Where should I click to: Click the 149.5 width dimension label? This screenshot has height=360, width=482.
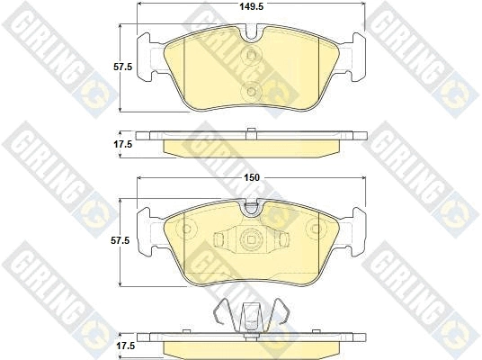click(252, 6)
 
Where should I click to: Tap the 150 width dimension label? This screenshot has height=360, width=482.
click(252, 177)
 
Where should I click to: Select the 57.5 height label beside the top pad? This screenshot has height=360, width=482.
click(122, 67)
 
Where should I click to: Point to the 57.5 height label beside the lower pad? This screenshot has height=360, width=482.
click(120, 240)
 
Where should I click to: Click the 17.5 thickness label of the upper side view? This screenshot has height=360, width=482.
click(123, 144)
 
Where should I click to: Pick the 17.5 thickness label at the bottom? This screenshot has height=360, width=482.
click(125, 346)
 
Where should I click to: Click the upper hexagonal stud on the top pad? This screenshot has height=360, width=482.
click(252, 56)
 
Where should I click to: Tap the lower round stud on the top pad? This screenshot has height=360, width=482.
click(252, 92)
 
